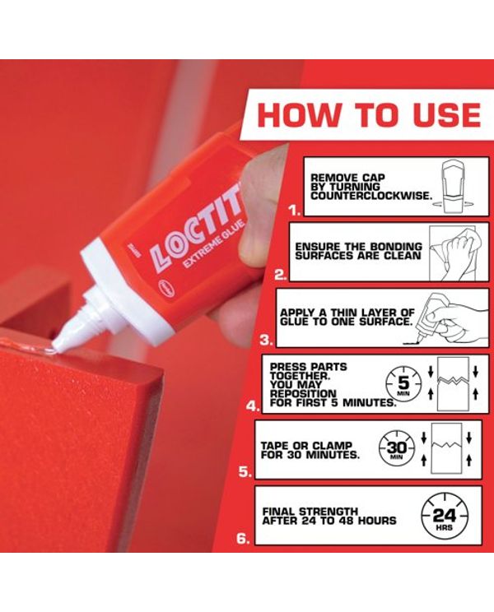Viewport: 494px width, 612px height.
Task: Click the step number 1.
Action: pyautogui.click(x=294, y=211)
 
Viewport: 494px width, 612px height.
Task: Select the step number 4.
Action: pyautogui.click(x=253, y=406)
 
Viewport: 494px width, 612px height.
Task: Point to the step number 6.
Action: pyautogui.click(x=243, y=539)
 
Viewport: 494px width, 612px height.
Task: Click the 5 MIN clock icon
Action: pyautogui.click(x=403, y=383)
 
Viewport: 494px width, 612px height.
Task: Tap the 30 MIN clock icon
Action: pyautogui.click(x=396, y=449)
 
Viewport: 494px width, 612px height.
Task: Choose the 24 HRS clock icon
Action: pyautogui.click(x=444, y=516)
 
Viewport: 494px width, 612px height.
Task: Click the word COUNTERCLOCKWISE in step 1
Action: pyautogui.click(x=371, y=196)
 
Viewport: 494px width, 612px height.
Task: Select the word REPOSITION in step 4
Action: pyautogui.click(x=303, y=393)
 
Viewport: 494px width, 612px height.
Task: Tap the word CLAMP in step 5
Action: pyautogui.click(x=333, y=445)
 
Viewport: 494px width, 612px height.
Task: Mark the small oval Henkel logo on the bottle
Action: pyautogui.click(x=161, y=286)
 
